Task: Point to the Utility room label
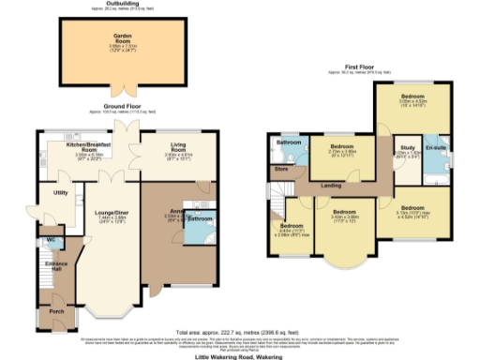point(61,192)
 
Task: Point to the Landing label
point(331,187)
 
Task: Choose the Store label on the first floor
point(280,170)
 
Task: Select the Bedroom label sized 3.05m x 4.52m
point(413,97)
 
